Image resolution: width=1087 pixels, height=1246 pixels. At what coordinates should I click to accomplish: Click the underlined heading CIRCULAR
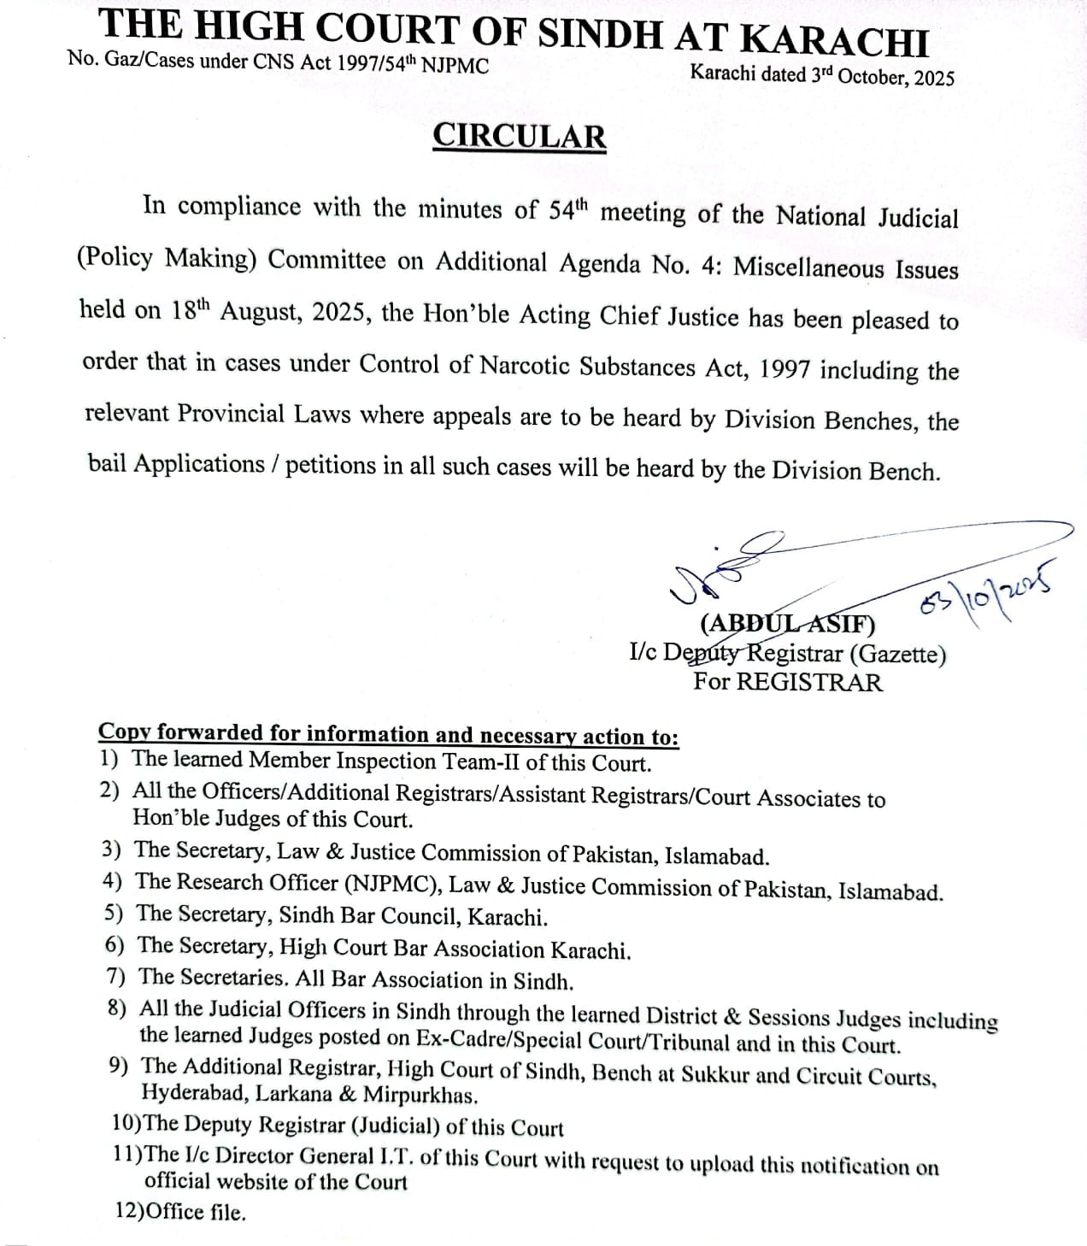520,137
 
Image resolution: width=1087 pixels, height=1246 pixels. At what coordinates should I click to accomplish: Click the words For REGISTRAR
787,682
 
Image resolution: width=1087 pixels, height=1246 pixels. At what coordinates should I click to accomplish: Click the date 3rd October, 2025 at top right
882,76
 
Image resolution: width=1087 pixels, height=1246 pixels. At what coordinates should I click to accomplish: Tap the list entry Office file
196,1212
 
